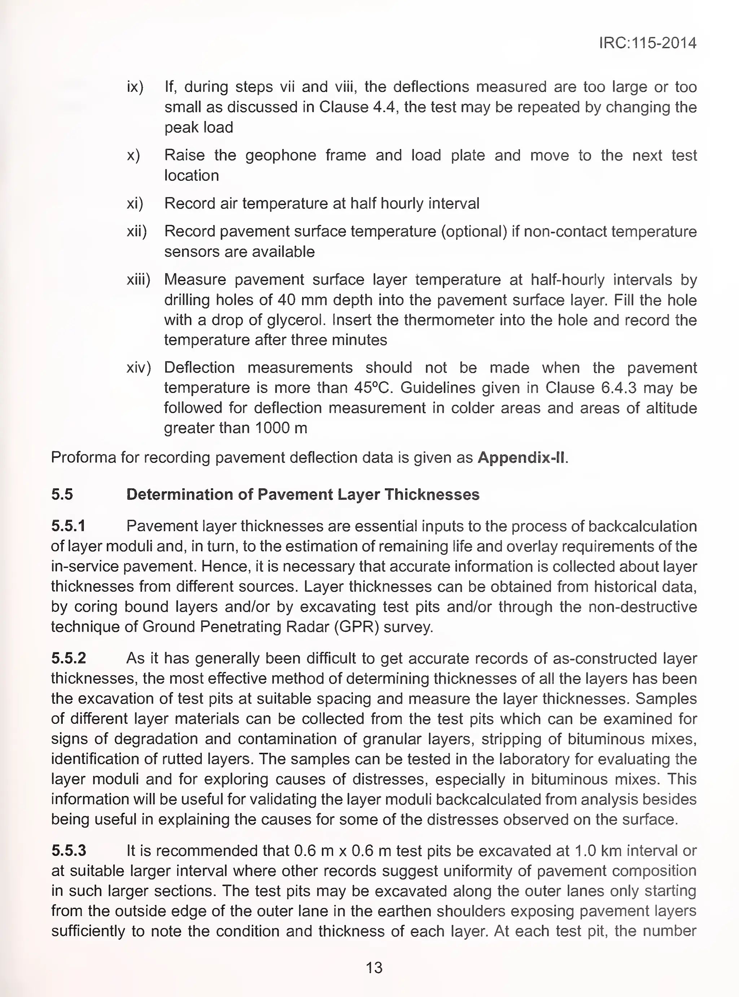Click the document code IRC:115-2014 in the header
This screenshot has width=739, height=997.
647,43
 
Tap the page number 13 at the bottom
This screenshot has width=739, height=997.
374,967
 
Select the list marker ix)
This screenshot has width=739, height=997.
135,87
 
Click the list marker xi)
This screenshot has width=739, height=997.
135,204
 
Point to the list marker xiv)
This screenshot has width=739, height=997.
139,368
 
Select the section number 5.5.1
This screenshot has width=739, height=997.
68,526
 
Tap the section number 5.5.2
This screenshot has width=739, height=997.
69,659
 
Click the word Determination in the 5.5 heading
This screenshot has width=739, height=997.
188,495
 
